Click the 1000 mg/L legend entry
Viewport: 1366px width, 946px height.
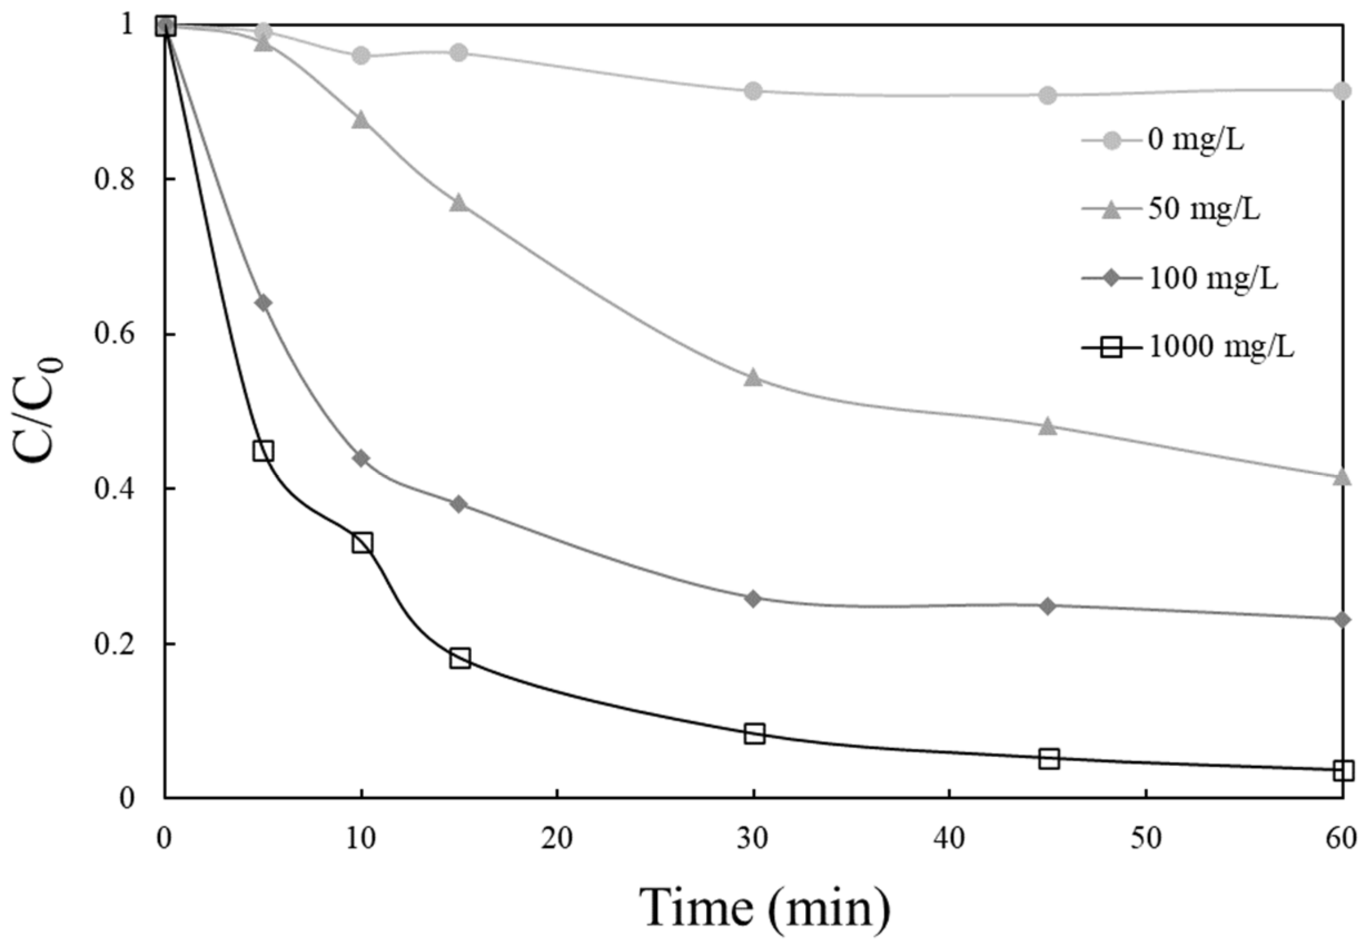coord(1220,347)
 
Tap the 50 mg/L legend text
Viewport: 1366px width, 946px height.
coord(1204,209)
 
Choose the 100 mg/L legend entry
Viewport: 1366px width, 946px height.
coord(1212,278)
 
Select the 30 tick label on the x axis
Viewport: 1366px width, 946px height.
coord(753,839)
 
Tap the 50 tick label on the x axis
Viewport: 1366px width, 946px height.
coord(1145,839)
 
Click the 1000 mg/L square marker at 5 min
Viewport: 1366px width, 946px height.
coord(263,451)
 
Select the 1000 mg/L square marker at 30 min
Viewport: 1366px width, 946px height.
coord(754,734)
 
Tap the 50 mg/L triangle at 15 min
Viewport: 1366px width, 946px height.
coord(459,203)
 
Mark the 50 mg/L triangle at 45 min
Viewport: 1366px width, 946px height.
coord(1048,426)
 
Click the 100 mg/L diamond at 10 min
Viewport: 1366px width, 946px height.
coord(362,458)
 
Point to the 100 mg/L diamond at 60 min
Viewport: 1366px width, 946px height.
coord(1342,619)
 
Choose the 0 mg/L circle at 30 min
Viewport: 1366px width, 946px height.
coord(753,91)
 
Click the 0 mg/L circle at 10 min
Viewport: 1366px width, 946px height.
coord(361,56)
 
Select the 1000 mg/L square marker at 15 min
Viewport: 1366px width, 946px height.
coord(459,658)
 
